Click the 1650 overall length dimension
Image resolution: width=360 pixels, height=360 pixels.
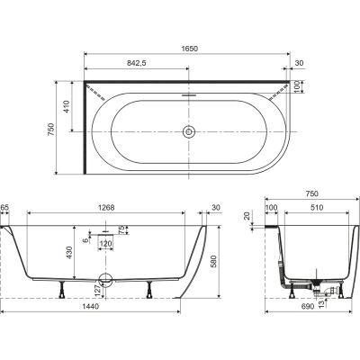(x=190, y=49)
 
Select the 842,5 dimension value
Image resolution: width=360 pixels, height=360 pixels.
(x=137, y=63)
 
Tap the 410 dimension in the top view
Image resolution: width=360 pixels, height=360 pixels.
(x=67, y=106)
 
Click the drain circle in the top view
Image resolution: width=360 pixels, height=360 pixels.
(x=189, y=131)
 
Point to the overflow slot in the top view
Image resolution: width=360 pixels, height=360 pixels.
(x=189, y=95)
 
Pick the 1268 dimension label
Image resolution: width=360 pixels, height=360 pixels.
(x=106, y=207)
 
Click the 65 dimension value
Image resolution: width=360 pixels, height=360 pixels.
(x=4, y=207)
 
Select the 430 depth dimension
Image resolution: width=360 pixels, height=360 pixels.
(x=69, y=253)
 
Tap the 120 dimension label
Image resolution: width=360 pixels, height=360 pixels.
(x=105, y=244)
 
